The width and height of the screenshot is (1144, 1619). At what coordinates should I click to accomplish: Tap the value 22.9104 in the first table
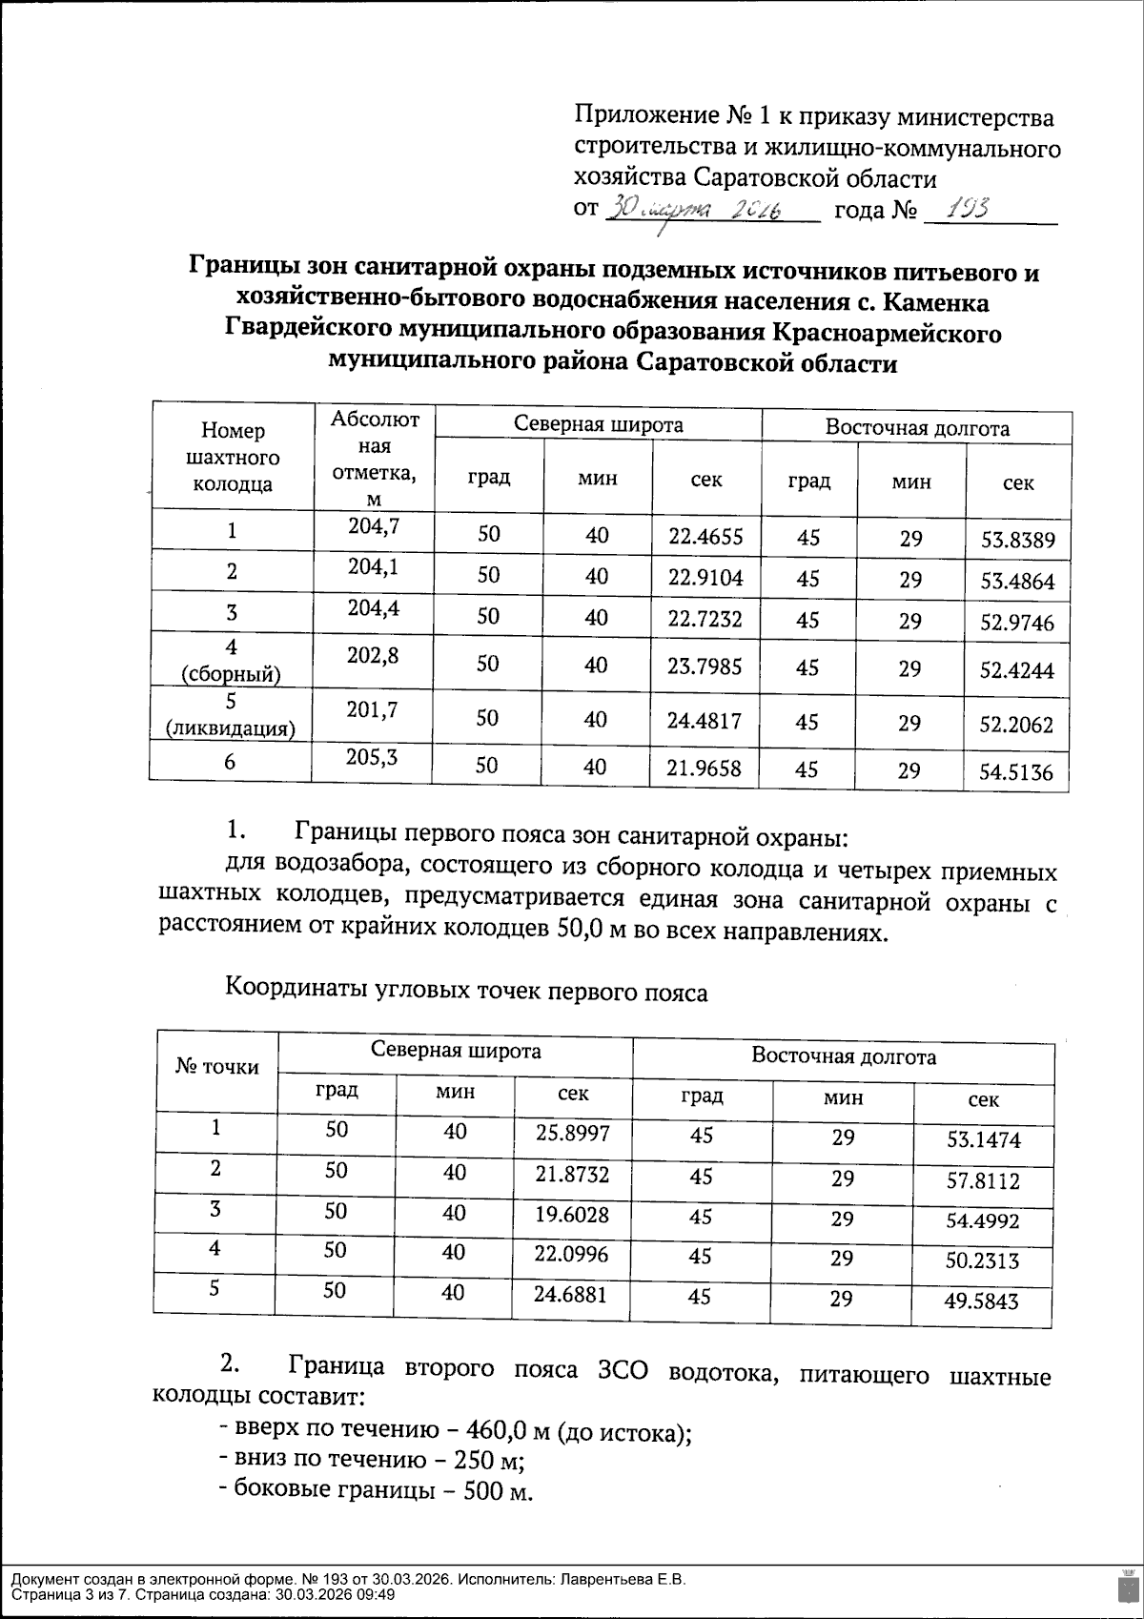pos(705,576)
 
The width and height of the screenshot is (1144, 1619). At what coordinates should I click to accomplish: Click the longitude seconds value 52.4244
pos(1017,670)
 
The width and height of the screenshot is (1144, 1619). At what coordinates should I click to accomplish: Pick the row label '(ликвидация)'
pos(229,729)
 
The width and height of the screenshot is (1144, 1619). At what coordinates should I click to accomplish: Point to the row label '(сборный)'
pos(231,675)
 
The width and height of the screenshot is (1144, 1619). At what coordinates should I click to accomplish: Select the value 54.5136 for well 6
pos(1017,771)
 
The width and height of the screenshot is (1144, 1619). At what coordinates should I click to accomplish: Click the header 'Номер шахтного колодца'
pos(233,458)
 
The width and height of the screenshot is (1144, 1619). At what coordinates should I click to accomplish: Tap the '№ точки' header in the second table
pos(217,1067)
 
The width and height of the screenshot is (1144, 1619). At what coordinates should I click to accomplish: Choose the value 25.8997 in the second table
pos(571,1132)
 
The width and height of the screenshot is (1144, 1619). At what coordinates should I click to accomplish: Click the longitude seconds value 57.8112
pos(983,1181)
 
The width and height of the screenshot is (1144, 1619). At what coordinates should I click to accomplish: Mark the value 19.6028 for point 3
pos(571,1214)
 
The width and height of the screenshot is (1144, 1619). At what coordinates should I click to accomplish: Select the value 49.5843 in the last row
pos(982,1301)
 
